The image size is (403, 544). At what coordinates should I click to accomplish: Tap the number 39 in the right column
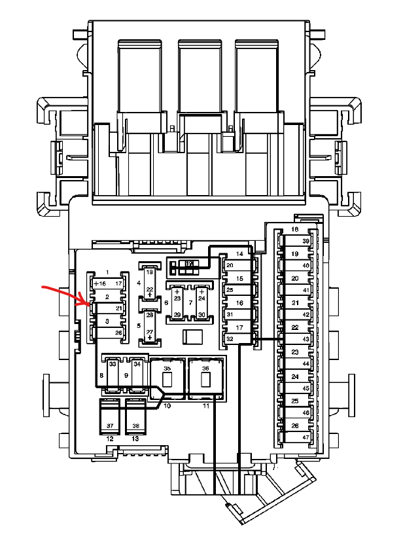point(306,242)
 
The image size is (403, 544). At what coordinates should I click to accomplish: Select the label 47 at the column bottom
point(306,437)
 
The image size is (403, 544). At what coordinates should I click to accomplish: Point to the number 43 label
point(306,339)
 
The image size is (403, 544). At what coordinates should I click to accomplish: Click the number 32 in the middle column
point(230,339)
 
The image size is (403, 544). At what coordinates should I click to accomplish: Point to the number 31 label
point(230,314)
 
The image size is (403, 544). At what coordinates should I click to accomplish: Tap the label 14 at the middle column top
point(240,253)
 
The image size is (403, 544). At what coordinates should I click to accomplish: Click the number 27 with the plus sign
point(150,334)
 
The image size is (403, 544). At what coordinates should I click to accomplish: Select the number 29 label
point(177,315)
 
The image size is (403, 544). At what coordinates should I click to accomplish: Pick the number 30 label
point(201,315)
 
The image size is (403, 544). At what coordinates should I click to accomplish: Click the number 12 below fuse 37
point(110,439)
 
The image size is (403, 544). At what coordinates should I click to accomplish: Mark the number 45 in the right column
point(306,388)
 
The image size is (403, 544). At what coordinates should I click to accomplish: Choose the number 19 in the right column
point(295,254)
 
